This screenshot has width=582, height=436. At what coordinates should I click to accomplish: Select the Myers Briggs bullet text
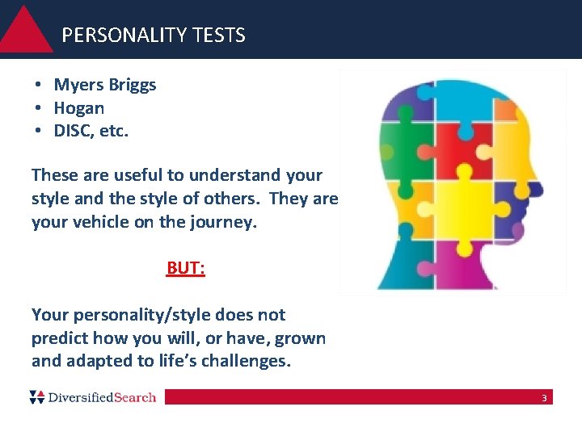105,85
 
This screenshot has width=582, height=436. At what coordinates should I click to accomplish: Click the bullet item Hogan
78,108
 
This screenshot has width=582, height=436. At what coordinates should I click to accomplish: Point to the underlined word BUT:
186,268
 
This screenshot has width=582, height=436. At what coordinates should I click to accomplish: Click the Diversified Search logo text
101,397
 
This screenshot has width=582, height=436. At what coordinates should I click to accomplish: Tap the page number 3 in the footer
544,398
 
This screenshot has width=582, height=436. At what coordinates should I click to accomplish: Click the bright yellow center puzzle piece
470,206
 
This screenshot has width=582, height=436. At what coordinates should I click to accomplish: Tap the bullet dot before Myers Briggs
38,85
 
